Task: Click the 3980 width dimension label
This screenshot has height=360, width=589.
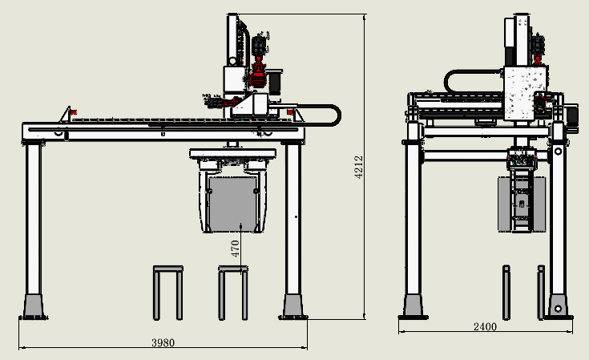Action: coord(163,342)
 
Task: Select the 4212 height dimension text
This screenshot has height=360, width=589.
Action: coord(359,168)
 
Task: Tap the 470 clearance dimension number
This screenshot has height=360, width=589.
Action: coord(235,249)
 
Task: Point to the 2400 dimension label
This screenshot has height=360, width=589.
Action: coord(485,326)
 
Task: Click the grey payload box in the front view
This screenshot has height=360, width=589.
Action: coord(233,204)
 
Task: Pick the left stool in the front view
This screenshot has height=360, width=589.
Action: coord(168,293)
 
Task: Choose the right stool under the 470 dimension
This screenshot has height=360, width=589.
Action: coord(233,293)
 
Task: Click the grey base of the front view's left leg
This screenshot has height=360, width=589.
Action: coord(34,306)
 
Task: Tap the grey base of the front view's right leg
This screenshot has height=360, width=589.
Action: coord(292,306)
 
